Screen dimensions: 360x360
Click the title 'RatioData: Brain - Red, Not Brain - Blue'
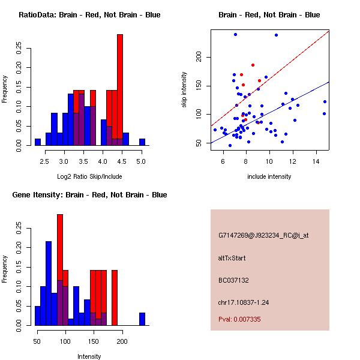click(x=89, y=15)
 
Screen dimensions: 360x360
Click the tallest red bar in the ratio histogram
click(x=120, y=90)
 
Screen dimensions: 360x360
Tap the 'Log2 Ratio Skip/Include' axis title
click(x=89, y=176)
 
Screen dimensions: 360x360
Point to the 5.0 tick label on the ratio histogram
click(x=142, y=161)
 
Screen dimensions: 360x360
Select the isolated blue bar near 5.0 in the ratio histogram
click(x=142, y=142)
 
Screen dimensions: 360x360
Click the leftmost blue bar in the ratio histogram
click(x=38, y=142)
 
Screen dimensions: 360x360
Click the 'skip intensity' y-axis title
click(x=184, y=90)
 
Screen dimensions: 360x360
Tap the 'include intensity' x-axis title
click(x=269, y=176)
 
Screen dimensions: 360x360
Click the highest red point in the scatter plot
click(x=253, y=65)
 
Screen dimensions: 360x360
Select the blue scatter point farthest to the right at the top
click(x=276, y=35)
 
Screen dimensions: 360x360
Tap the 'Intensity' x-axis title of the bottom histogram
click(x=89, y=356)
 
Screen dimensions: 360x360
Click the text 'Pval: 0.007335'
click(x=239, y=320)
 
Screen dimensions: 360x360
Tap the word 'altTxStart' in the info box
click(x=232, y=258)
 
